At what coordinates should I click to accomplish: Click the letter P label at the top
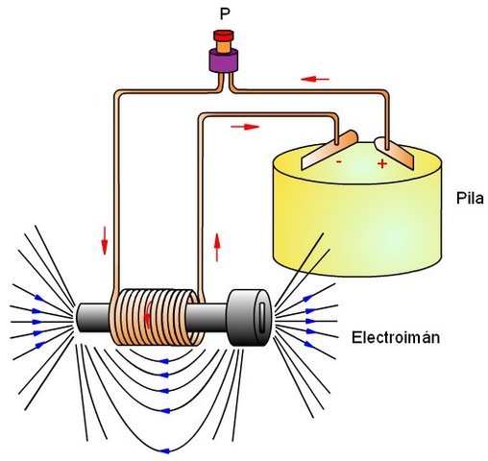click(x=224, y=15)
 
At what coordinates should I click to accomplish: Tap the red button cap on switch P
click(x=224, y=38)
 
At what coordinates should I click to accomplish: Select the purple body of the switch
click(x=224, y=59)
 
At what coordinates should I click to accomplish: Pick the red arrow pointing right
click(x=246, y=126)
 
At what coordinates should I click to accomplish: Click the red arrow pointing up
click(x=219, y=246)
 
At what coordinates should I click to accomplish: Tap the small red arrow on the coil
click(x=146, y=316)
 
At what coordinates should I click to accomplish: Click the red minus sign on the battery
click(x=338, y=163)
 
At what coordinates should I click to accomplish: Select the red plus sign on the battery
click(x=381, y=164)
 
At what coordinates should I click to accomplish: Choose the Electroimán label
click(x=394, y=338)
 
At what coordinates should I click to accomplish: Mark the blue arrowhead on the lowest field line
click(x=168, y=448)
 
